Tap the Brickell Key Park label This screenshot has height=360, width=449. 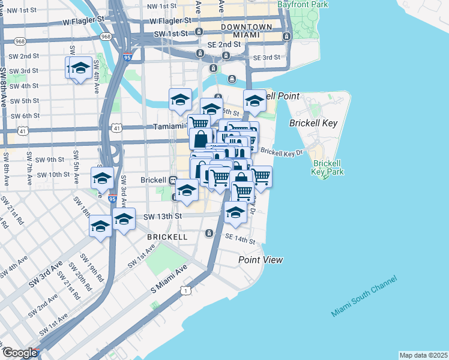[x=327, y=167]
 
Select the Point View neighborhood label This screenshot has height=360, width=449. [x=260, y=260]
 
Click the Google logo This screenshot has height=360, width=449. [x=19, y=353]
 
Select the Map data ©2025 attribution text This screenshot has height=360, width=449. [x=423, y=355]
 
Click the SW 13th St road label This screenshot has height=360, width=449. [x=161, y=216]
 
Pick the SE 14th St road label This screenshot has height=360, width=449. [x=240, y=239]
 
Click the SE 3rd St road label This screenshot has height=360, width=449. [x=267, y=58]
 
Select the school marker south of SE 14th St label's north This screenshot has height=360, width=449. [x=235, y=214]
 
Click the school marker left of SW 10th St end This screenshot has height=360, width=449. [x=102, y=178]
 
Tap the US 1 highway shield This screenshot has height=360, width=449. [x=185, y=290]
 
